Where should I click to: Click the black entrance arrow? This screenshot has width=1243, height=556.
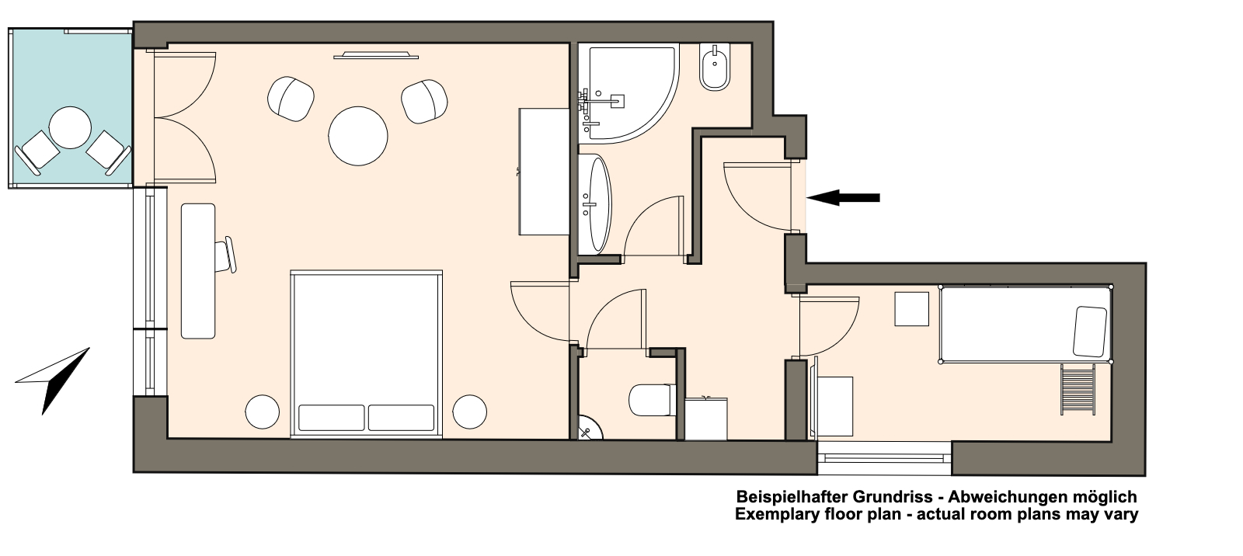coord(843,197)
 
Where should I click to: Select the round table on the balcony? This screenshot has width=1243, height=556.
coord(70,127)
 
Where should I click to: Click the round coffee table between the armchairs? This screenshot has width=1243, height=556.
coord(358,135)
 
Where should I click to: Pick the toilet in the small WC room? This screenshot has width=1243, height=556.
coord(653,399)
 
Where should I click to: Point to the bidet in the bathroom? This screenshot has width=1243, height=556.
coord(715,67)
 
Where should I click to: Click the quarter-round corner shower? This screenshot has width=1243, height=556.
coord(632,92)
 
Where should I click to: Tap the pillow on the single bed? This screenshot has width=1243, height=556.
coord(1090,332)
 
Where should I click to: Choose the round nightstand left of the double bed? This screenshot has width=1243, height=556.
coord(263,412)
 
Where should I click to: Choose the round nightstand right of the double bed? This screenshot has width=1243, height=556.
coord(469,412)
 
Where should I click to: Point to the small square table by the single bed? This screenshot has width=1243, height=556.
coord(911,309)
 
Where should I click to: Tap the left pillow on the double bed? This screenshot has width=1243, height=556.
coord(331,418)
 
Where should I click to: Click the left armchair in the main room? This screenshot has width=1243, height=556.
coord(291,98)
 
